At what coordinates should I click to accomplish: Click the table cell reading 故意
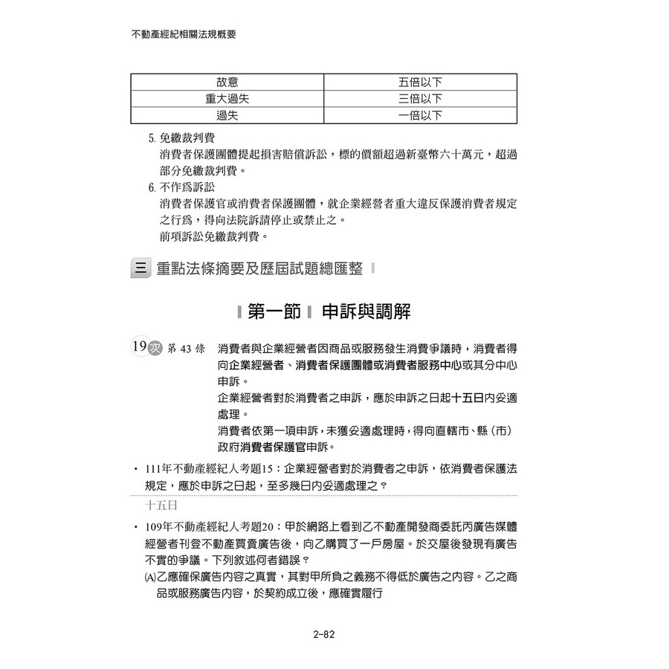227,82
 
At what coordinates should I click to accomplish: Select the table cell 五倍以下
420,82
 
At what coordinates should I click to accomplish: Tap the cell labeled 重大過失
227,99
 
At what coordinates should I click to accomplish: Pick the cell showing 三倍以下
420,99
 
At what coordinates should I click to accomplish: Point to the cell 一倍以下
420,115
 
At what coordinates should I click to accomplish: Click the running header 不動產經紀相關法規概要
183,34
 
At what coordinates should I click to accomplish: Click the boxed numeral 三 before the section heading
140,268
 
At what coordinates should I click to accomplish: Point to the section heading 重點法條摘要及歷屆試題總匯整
259,269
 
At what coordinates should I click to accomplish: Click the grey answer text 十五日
161,505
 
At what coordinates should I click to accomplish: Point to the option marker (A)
149,576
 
